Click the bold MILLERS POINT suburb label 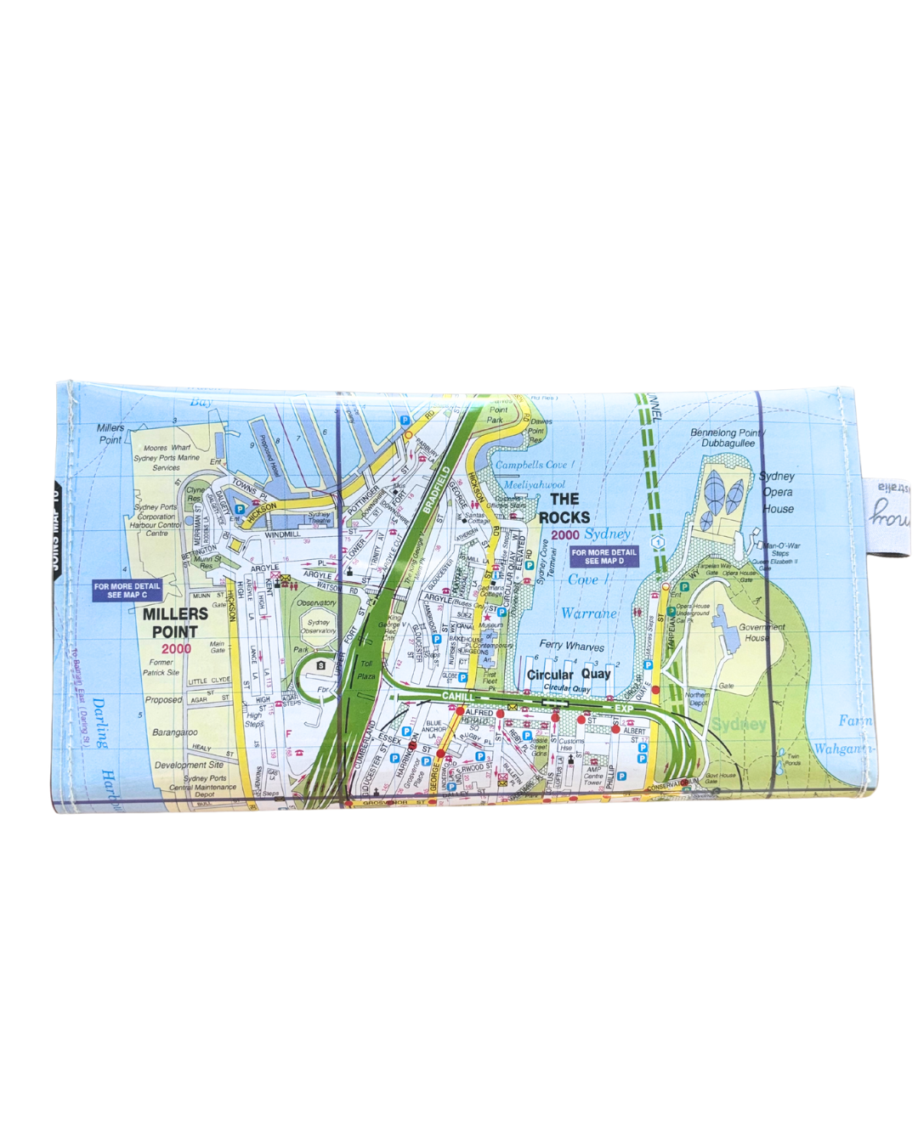[x=175, y=623]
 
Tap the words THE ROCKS [x=564, y=508]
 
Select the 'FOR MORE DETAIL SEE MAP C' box [x=127, y=590]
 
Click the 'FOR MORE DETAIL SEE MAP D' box [x=603, y=557]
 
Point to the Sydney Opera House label [x=778, y=492]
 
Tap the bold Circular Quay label [x=569, y=675]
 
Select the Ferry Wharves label [x=571, y=646]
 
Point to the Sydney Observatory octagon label [x=319, y=626]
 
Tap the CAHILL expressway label [x=458, y=697]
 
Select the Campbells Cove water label [x=535, y=465]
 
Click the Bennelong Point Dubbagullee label [x=727, y=438]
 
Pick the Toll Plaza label [x=366, y=670]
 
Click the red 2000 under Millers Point [x=176, y=649]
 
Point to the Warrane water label [x=588, y=613]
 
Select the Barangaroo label [x=174, y=732]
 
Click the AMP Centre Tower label [x=593, y=776]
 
